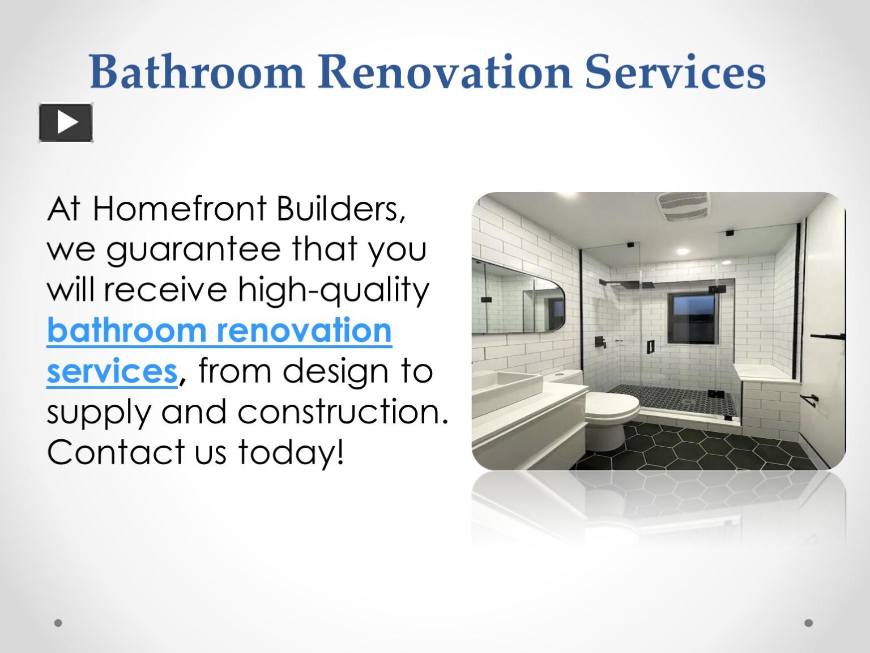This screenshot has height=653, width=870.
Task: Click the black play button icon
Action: click(66, 122)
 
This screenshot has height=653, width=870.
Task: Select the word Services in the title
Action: click(675, 73)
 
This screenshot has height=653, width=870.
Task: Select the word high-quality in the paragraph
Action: click(334, 290)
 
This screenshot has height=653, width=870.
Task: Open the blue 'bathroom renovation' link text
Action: click(219, 330)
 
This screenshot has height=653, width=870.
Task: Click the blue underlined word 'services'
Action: click(112, 371)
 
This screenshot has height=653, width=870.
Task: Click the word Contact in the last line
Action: click(113, 452)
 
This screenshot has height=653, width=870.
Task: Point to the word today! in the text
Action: click(291, 452)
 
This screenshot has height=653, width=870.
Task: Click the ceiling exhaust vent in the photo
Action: click(684, 206)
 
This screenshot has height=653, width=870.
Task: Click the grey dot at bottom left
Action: click(58, 623)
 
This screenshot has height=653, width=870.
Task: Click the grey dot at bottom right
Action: click(808, 623)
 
